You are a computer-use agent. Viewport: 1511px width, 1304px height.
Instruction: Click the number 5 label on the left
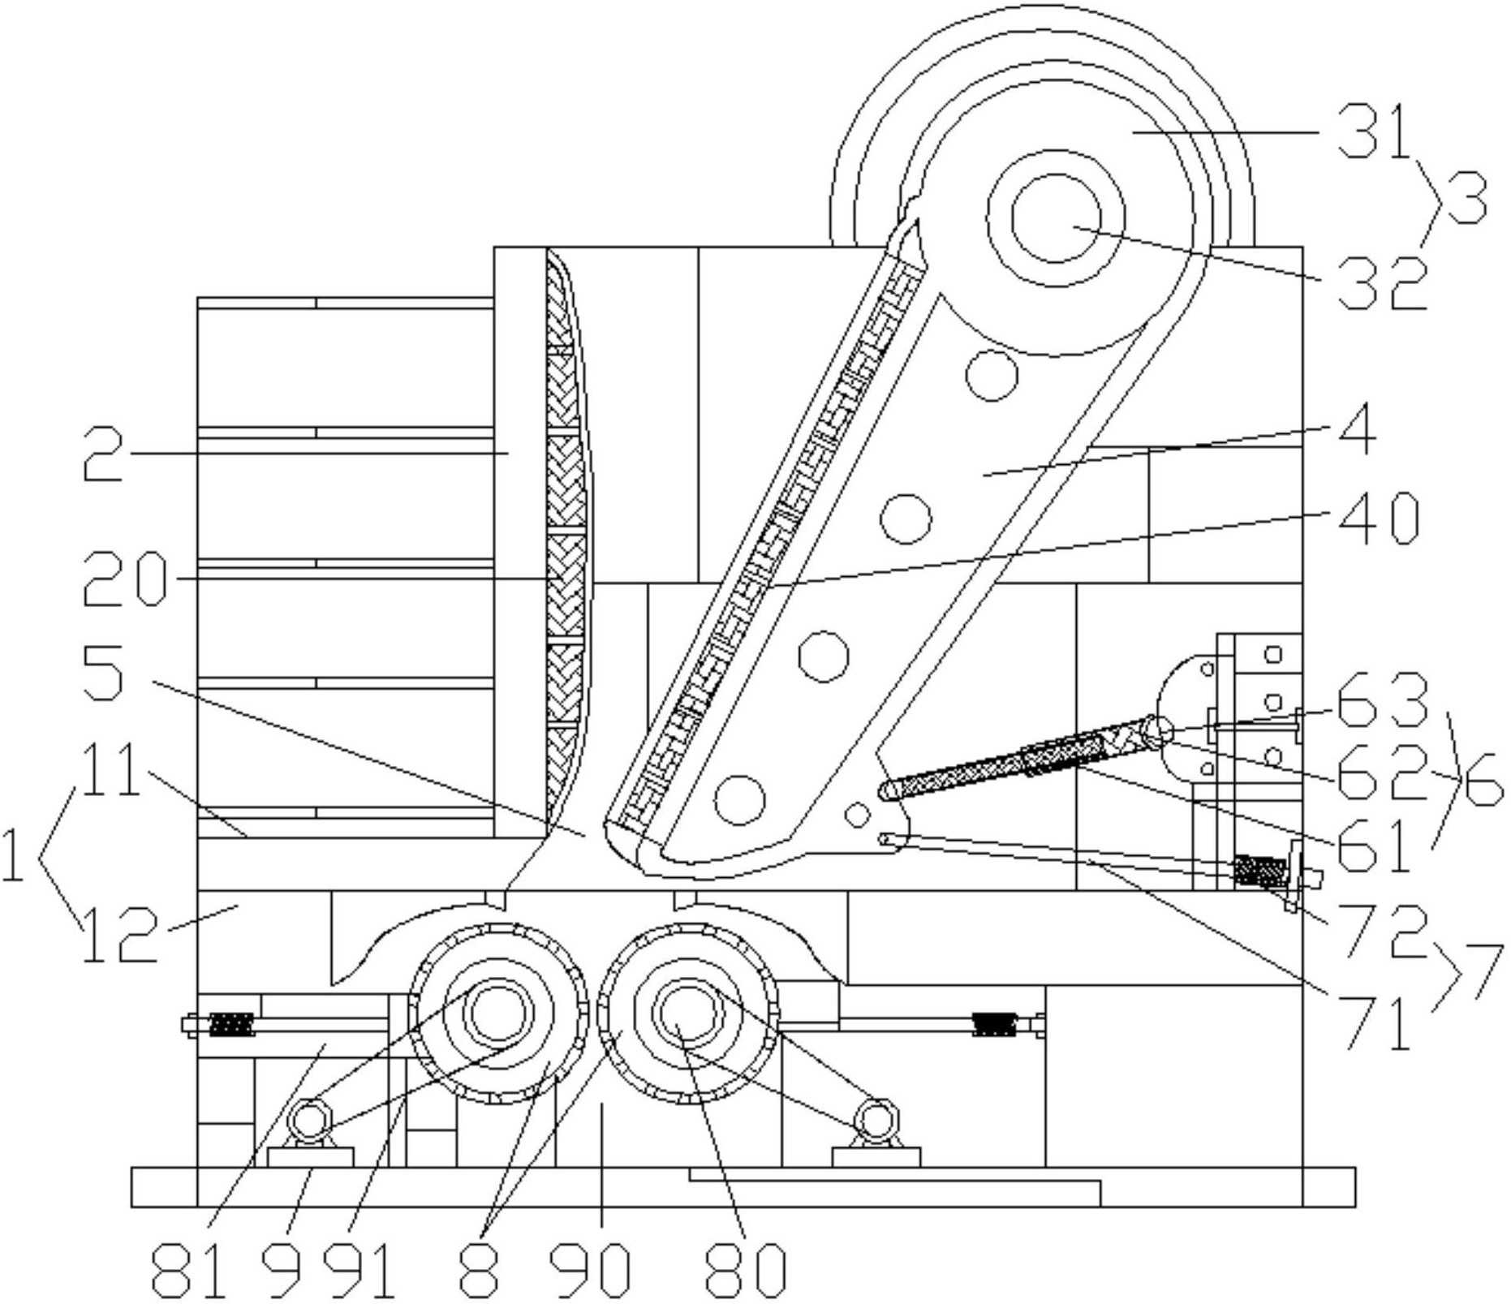click(103, 674)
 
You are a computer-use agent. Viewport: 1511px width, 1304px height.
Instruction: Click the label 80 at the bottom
click(746, 1269)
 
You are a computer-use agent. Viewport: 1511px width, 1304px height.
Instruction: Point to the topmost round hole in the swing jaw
click(991, 375)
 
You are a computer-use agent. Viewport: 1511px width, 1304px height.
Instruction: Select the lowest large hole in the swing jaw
click(741, 798)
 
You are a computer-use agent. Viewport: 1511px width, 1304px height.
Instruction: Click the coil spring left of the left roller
click(231, 1024)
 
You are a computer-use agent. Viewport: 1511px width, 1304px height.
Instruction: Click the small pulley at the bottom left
click(309, 1122)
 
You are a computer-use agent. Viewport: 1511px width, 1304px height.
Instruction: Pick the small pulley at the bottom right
click(878, 1121)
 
